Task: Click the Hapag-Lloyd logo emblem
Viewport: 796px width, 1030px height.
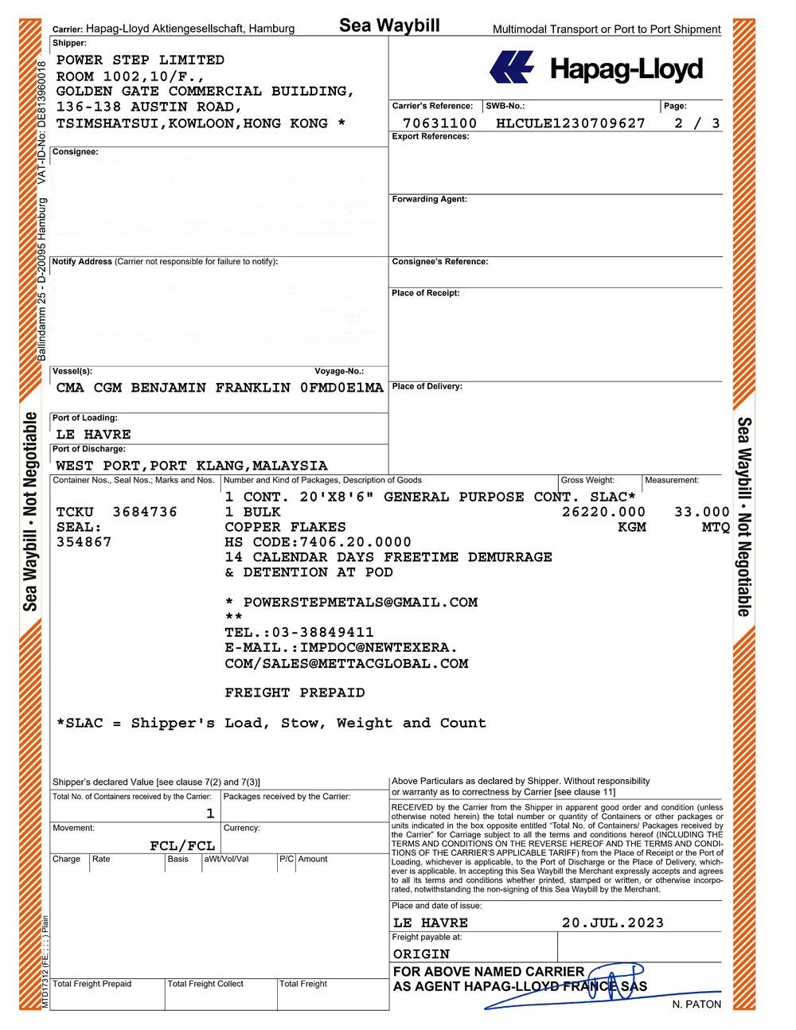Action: [511, 68]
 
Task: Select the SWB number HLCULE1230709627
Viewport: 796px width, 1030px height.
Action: [570, 123]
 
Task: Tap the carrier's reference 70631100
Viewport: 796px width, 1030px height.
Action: [440, 123]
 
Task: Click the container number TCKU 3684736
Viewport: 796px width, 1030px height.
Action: [117, 512]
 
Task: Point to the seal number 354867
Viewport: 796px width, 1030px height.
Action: [84, 542]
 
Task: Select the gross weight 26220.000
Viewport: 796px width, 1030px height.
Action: [603, 512]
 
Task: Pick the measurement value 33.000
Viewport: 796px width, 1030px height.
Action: [702, 512]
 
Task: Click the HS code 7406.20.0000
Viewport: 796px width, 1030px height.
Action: [356, 542]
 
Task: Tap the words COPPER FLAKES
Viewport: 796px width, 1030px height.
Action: [285, 527]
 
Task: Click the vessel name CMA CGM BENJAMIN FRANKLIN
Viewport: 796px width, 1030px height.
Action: [174, 388]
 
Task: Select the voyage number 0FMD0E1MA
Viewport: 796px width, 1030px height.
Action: [341, 388]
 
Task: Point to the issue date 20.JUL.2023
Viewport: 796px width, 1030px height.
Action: [612, 923]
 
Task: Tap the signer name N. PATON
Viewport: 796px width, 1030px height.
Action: [696, 1005]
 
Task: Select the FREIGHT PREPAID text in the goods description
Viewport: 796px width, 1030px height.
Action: [295, 693]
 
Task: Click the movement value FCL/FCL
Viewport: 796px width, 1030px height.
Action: [182, 845]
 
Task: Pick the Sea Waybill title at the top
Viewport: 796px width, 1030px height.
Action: [389, 25]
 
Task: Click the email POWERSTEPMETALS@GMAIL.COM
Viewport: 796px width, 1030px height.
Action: [360, 603]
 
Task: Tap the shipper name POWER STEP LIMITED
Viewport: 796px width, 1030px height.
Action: [140, 60]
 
